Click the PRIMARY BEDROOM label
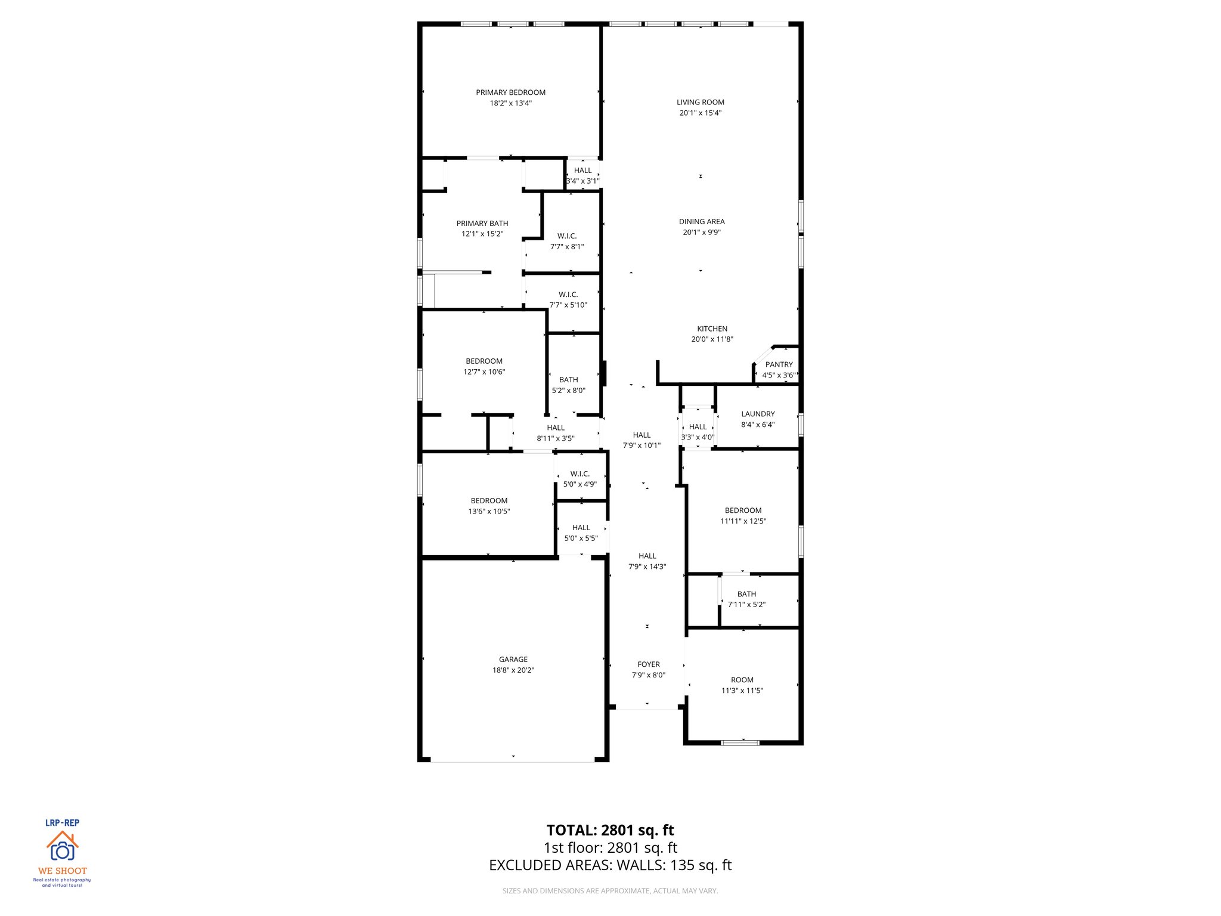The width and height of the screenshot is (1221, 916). (x=510, y=92)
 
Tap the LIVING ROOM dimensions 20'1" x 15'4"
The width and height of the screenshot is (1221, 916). (x=700, y=113)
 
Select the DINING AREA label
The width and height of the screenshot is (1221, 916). (x=701, y=221)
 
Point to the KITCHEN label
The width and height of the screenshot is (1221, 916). (x=712, y=329)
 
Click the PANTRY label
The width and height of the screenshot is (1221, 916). (x=779, y=364)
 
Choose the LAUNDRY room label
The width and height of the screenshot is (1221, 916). (x=758, y=414)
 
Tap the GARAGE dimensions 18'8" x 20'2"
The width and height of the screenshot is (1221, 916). (x=513, y=670)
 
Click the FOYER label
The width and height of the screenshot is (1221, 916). (x=648, y=664)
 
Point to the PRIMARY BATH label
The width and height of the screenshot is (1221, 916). (x=482, y=223)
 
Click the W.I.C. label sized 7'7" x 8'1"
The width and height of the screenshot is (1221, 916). (x=566, y=236)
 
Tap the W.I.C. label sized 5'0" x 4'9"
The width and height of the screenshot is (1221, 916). (x=579, y=474)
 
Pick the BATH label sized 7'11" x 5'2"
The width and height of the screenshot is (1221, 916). (x=746, y=594)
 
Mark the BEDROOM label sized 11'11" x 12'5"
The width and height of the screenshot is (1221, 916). (x=743, y=510)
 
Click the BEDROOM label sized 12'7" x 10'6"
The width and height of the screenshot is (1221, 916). (x=484, y=361)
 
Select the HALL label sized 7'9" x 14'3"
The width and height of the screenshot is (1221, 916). (x=647, y=556)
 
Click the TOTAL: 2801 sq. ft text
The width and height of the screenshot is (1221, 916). (x=610, y=830)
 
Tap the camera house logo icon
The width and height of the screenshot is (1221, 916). (x=62, y=846)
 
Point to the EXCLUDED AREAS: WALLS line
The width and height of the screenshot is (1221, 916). (x=610, y=865)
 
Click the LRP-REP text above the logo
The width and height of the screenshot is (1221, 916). (x=62, y=822)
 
